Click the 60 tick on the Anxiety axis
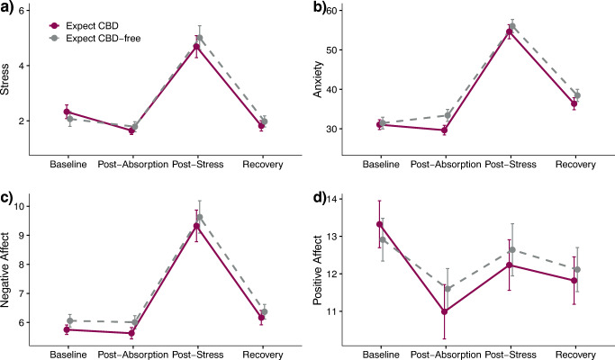click(347, 10)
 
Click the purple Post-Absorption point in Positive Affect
click(444, 311)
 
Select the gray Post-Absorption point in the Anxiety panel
click(444, 115)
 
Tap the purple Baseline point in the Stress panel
click(67, 112)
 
